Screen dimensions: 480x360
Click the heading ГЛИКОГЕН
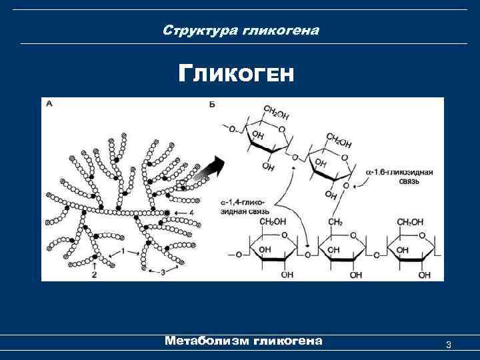[236, 73]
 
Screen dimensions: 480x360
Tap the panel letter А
[49, 104]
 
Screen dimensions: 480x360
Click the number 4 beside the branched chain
[191, 212]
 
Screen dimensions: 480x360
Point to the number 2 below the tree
[95, 273]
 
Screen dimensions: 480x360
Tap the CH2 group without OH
[335, 221]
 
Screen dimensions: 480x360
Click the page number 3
[449, 345]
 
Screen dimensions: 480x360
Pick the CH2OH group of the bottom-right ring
[410, 221]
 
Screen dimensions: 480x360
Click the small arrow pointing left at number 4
[178, 212]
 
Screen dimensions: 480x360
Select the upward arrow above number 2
[95, 264]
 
